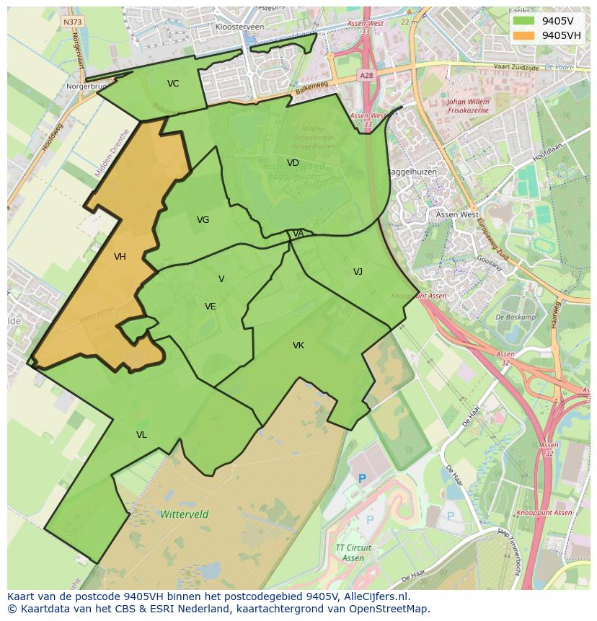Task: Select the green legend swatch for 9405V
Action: pyautogui.click(x=524, y=21)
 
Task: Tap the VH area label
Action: pyautogui.click(x=120, y=257)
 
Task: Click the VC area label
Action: pyautogui.click(x=173, y=84)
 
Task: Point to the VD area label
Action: pyautogui.click(x=293, y=163)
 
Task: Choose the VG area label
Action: pyautogui.click(x=203, y=220)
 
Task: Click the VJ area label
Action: pyautogui.click(x=358, y=272)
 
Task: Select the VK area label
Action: pyautogui.click(x=298, y=346)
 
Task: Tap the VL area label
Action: pyautogui.click(x=141, y=435)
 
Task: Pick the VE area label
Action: pyautogui.click(x=210, y=307)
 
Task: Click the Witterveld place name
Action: pyautogui.click(x=185, y=514)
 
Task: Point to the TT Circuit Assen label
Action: pyautogui.click(x=353, y=552)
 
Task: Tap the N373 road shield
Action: pyautogui.click(x=73, y=22)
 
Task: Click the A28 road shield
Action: pyautogui.click(x=366, y=75)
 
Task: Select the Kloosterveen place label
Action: pyautogui.click(x=239, y=27)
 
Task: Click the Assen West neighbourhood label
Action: pyautogui.click(x=457, y=214)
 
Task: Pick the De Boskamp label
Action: pyautogui.click(x=516, y=317)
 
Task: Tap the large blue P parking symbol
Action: pyautogui.click(x=363, y=478)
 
